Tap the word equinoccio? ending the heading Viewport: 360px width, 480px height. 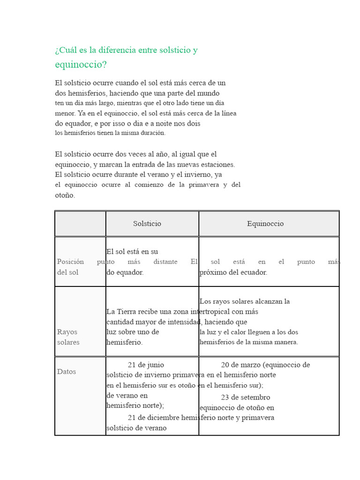click(x=81, y=65)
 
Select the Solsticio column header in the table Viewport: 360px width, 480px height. click(x=147, y=224)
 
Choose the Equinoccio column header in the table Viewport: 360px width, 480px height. click(x=265, y=224)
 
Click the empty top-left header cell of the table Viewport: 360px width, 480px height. click(x=80, y=224)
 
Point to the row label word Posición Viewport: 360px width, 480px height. click(x=70, y=262)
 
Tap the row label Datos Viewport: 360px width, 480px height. click(x=67, y=372)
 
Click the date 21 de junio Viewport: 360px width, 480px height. click(x=146, y=365)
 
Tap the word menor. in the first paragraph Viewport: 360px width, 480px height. click(x=65, y=113)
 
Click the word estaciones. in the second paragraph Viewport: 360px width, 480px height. click(x=218, y=165)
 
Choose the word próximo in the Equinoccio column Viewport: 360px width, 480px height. click(x=213, y=272)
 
